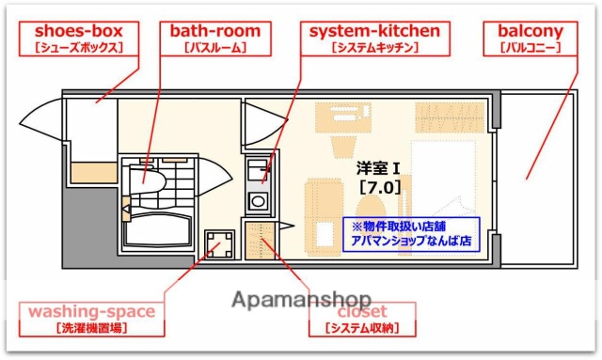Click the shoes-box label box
[71, 38]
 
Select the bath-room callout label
[215, 38]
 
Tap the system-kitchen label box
[374, 38]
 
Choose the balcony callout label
[531, 38]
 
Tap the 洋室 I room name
[379, 168]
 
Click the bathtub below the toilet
[156, 229]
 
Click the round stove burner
[256, 200]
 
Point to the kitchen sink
[256, 172]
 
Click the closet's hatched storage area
[258, 240]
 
